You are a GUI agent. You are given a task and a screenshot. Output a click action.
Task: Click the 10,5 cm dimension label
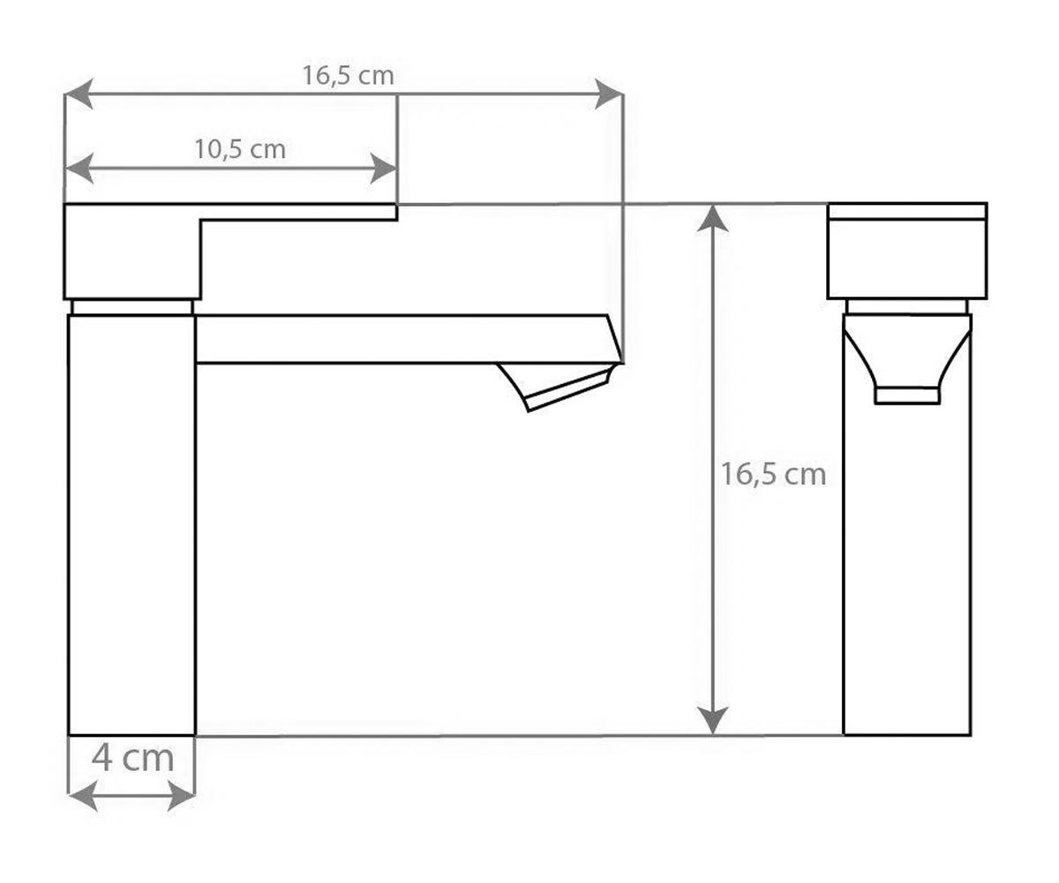[240, 150]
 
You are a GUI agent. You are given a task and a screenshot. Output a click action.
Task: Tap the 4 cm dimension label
[133, 758]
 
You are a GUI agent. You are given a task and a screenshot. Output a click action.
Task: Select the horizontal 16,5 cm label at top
[349, 76]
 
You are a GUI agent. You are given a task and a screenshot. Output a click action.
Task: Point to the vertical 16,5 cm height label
[773, 474]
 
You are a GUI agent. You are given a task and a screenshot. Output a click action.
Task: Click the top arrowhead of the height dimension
[712, 219]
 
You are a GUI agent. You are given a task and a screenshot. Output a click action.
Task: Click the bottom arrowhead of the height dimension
[712, 721]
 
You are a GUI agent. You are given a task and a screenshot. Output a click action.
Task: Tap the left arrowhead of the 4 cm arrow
[83, 796]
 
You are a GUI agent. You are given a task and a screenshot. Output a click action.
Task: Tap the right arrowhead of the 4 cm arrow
[181, 796]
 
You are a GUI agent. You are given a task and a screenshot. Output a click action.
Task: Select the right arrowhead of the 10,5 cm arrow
[383, 169]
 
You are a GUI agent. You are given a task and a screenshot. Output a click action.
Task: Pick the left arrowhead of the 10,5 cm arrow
[79, 169]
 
